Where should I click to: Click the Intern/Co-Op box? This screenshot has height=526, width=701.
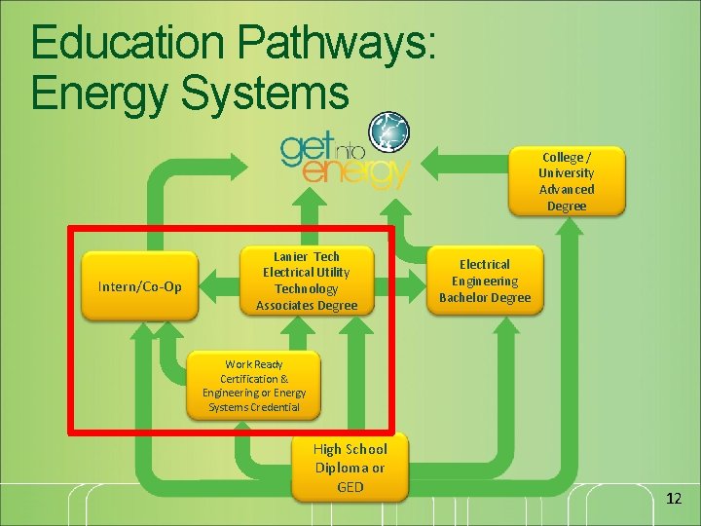(140, 286)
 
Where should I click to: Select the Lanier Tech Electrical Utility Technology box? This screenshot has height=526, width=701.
(307, 281)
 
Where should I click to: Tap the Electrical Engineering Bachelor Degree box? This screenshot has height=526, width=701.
(485, 282)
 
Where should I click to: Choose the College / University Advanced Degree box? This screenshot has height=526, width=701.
(567, 181)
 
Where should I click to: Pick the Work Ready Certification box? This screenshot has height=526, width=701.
(253, 386)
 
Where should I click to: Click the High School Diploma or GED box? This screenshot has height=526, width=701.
(350, 468)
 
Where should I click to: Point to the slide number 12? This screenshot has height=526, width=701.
(674, 499)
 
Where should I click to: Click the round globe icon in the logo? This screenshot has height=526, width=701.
(388, 132)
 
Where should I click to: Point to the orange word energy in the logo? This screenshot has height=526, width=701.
(356, 172)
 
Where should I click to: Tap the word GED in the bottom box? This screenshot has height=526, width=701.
(350, 486)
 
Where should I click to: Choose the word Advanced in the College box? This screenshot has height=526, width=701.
(567, 189)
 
